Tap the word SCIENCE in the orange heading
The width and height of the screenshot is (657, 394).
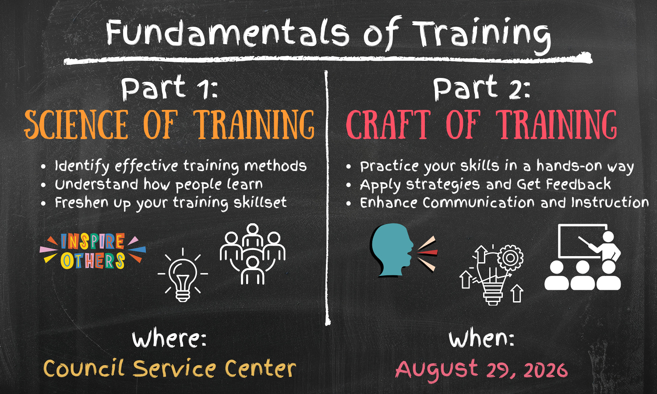tap(76, 124)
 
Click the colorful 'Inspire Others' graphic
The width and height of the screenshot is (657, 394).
tap(93, 251)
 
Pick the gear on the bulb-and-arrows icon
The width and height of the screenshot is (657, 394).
tap(510, 258)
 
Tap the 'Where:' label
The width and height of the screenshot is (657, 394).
tap(169, 339)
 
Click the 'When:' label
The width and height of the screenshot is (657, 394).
tap(481, 339)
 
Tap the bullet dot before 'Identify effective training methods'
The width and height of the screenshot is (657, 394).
tap(43, 167)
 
